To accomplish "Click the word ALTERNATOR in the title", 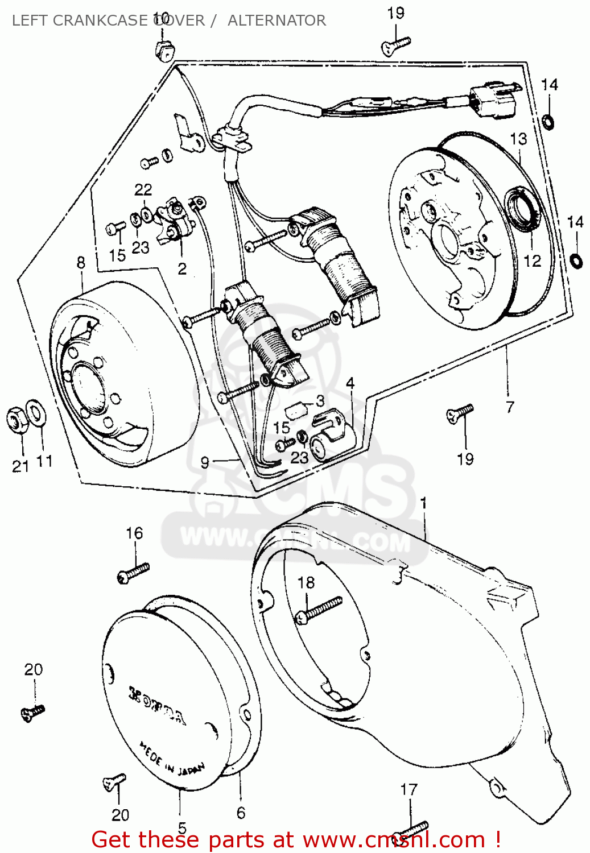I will pos(277,20).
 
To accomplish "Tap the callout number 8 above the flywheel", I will pos(81,262).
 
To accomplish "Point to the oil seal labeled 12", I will pos(521,211).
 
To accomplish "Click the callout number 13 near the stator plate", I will pos(518,139).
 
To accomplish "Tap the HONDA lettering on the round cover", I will pos(157,706).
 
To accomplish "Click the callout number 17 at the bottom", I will pos(409,789).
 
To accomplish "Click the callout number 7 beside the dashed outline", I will pos(510,407).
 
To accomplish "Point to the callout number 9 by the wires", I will pos(205,462).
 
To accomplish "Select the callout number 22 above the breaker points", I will pos(143,189).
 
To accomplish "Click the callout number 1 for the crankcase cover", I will pos(423,503).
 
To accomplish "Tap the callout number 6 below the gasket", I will pos(241,813).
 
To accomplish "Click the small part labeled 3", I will pos(296,407).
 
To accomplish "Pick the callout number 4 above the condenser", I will pos(350,383).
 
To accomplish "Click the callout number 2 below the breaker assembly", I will pos(182,268).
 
